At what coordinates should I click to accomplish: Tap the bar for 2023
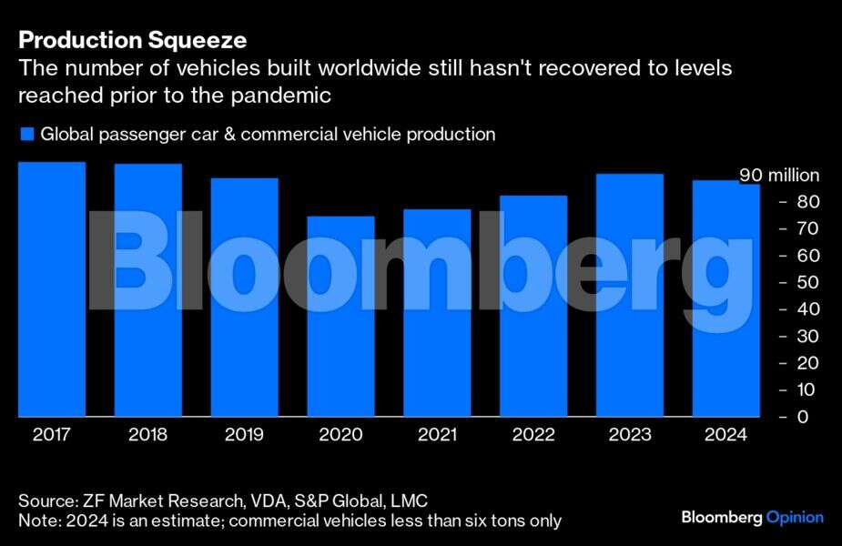pos(629,295)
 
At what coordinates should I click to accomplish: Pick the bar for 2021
pos(437,313)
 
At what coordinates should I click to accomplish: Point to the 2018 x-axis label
pos(147,435)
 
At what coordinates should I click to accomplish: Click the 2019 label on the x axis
pos(244,435)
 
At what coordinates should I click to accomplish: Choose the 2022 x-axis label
pos(533,435)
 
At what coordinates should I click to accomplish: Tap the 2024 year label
pos(725,435)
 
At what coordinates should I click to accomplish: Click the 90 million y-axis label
pos(778,176)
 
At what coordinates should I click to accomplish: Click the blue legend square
pos(26,135)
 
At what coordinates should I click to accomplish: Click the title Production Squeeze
pos(133,41)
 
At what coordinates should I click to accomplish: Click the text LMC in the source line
pos(408,501)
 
